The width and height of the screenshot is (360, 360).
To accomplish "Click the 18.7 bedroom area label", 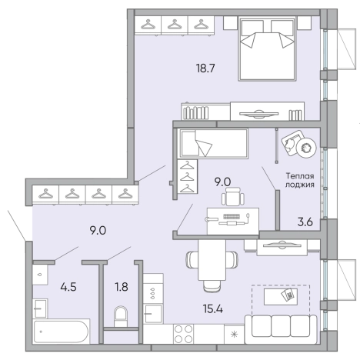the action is pos(205,68).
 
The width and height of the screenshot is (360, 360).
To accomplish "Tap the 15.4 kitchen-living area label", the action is pos(213,308).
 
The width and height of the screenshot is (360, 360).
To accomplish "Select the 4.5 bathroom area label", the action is pos(68,287).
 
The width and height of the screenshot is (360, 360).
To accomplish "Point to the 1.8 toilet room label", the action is pos(122,287).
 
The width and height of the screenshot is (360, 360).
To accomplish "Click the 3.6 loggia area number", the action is pos(305,222).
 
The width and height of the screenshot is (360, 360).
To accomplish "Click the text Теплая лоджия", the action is pos(300,180).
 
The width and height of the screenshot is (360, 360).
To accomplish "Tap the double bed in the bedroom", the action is pos(267,48).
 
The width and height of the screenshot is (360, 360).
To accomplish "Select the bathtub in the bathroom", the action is pos(61,332).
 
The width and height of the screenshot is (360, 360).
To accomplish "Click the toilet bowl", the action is pos(121,316).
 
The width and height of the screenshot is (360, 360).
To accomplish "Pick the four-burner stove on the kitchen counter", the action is pos(183,334).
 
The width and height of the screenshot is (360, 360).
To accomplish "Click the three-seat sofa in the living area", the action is pos(281,329).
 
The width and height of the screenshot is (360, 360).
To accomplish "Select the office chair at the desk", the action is pos(233,196).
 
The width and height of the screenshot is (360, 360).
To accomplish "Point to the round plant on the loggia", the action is pos(306,148).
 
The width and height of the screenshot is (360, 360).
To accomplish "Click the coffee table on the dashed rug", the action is pos(281,297).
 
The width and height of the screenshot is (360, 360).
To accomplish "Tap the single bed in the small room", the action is pos(214,143).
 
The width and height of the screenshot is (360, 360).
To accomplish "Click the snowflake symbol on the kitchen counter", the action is pos(234,334).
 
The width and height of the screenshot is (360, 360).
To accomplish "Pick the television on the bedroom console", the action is pos(258,114).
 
